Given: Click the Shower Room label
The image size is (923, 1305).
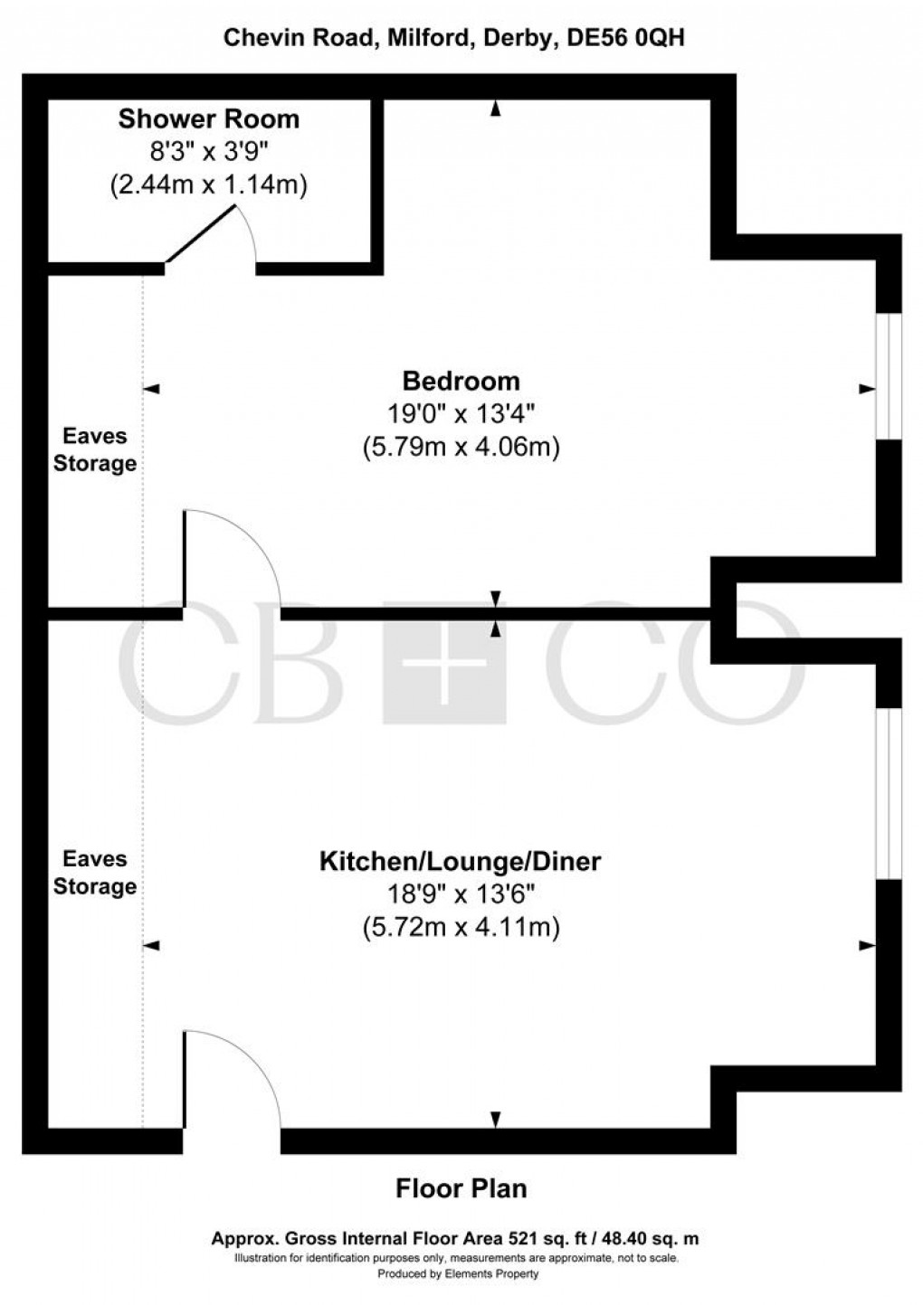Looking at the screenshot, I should coord(209,118).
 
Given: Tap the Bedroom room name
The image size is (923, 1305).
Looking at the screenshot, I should coord(461,380).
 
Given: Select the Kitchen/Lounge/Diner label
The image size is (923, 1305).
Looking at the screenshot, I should coord(460,861).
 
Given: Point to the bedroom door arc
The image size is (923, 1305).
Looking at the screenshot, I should coord(233,556).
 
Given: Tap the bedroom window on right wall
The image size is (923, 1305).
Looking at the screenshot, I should coord(890,376).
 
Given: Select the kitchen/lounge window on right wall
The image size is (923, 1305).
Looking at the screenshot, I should coord(890,792).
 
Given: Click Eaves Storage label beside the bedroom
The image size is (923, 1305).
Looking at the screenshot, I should coord(95,449).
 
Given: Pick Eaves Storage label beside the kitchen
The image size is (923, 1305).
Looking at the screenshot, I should coord(95,873).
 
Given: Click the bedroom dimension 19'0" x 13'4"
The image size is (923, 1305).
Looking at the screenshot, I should coord(461,414).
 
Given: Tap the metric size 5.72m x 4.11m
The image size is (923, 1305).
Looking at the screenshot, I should coord(461,927).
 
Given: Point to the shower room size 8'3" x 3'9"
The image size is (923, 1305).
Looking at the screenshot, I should coord(209,152).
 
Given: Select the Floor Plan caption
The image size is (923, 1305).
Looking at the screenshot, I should coord(461,1187).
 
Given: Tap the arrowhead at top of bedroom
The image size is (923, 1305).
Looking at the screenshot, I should coord(495,109).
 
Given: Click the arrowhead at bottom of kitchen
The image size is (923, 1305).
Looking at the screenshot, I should coord(495,1120).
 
